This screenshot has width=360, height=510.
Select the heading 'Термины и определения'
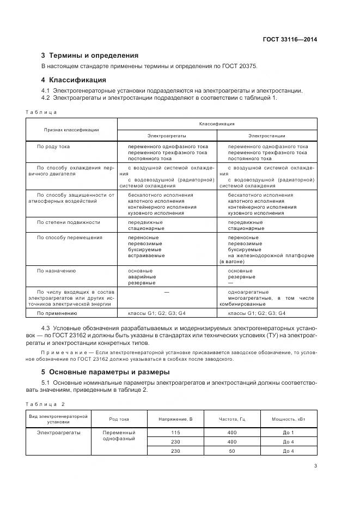click(94, 55)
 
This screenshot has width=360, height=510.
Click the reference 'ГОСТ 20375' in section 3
click(239, 66)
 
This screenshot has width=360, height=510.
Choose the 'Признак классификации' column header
click(71, 130)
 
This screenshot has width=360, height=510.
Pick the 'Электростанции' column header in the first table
click(267, 135)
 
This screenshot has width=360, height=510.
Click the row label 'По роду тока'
click(53, 147)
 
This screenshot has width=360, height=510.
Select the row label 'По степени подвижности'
click(68, 222)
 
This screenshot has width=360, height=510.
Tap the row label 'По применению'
click(57, 313)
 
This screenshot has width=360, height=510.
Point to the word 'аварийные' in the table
click(142, 277)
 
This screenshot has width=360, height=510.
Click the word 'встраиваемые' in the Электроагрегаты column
click(146, 256)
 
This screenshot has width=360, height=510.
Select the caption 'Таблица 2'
click(45, 404)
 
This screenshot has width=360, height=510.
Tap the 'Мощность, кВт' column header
click(288, 419)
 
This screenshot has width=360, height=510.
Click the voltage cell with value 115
click(176, 432)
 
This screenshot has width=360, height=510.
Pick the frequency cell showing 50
click(232, 451)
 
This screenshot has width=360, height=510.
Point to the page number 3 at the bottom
click(316, 466)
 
